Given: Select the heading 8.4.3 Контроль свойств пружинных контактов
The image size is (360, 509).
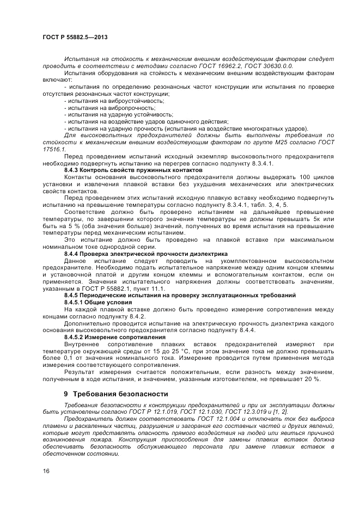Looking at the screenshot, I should pyautogui.click(x=125, y=170).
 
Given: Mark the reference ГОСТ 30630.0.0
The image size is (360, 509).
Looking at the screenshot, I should pyautogui.click(x=269, y=65).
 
